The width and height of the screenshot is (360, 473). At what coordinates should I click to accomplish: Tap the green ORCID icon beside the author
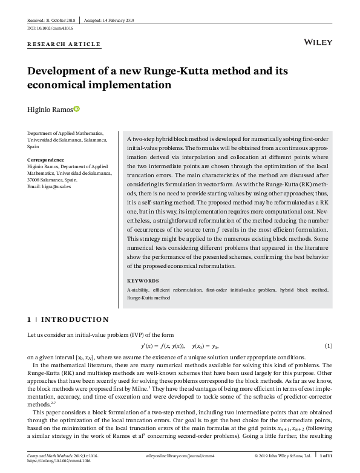(x=76, y=109)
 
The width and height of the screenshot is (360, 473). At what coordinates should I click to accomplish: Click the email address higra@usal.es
(x=51, y=186)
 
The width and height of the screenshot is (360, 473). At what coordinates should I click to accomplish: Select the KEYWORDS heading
(x=143, y=281)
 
